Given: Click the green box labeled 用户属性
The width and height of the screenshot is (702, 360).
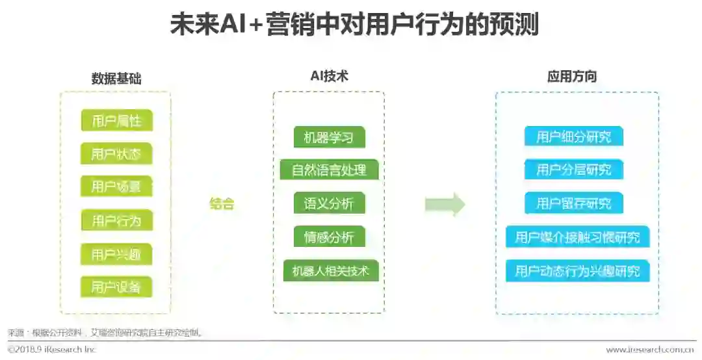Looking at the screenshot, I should tap(116, 121).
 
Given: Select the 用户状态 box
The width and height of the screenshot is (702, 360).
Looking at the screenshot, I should tap(116, 154).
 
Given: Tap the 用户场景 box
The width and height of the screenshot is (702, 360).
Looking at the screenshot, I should tap(116, 187).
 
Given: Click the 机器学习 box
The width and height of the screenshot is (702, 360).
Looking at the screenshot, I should tap(329, 137).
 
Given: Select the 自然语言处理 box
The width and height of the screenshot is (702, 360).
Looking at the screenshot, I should tap(329, 170).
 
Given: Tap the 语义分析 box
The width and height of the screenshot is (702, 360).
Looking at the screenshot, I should tap(329, 203).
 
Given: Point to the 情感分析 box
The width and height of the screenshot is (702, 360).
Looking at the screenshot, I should tap(329, 237).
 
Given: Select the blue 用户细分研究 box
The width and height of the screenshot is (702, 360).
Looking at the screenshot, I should tap(573, 136).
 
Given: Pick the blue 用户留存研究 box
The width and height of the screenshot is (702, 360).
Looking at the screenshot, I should tap(573, 203).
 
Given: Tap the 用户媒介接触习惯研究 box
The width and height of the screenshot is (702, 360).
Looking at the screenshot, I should tap(577, 237).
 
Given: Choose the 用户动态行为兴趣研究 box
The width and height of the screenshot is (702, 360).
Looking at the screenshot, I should tap(577, 270).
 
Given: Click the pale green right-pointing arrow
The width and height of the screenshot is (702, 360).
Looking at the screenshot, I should tap(445, 204).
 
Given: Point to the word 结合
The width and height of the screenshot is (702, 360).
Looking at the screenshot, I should tap(222, 204).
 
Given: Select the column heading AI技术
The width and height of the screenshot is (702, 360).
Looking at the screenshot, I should tap(329, 76).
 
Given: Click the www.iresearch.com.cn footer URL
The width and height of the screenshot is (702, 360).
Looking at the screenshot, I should tap(649, 350).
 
